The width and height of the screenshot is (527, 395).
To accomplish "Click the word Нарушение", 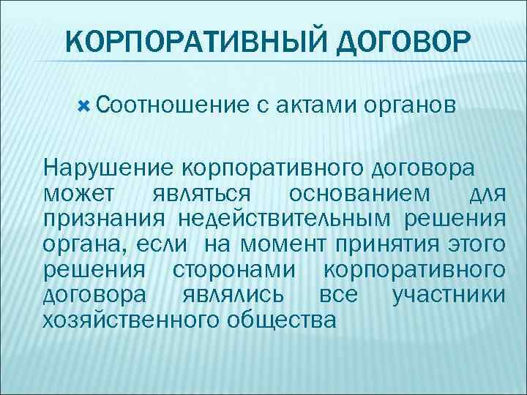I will pyautogui.click(x=108, y=168).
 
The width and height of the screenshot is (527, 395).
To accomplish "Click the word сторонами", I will pyautogui.click(x=236, y=269).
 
